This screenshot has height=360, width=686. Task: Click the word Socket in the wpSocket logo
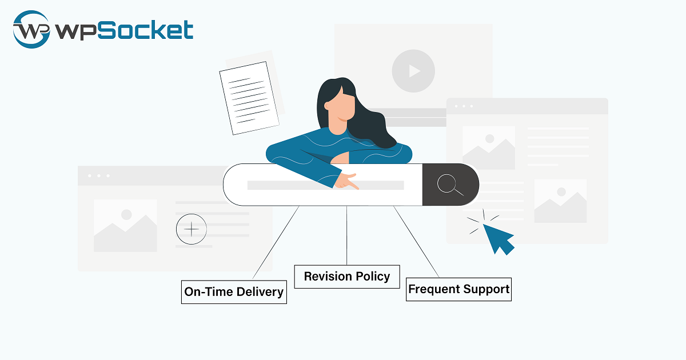coord(145,29)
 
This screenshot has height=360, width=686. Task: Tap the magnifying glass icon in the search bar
coord(450,185)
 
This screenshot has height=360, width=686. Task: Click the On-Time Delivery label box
coord(234,292)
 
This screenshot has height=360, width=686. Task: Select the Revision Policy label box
coord(347,277)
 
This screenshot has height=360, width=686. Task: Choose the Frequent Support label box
coord(458,289)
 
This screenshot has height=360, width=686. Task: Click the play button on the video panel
coord(413,71)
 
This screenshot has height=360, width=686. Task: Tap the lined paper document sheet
coord(249,97)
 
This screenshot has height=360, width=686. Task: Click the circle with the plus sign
coord(192,229)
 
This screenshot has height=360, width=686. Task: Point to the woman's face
coord(341,106)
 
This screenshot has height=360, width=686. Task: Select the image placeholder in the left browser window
coord(125,226)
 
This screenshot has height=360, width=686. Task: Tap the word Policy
coord(371,277)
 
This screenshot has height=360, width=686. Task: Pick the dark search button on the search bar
coord(450,185)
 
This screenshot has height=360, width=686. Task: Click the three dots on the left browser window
coord(98,175)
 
